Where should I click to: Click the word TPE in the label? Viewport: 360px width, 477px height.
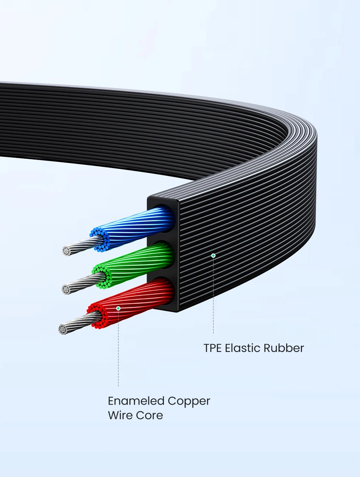[213, 348]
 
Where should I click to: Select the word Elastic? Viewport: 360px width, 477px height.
[243, 348]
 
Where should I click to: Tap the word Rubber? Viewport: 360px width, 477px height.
[284, 348]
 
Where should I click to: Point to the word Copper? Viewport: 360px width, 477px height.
[189, 402]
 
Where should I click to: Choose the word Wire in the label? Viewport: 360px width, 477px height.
[120, 415]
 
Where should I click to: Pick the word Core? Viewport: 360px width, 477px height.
[149, 415]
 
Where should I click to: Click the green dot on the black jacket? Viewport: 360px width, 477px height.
[213, 256]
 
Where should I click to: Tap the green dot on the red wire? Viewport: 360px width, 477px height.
[118, 308]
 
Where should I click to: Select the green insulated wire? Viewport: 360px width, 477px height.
[143, 263]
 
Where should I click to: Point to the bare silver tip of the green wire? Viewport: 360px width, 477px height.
[67, 289]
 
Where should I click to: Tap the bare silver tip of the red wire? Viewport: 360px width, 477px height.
[63, 329]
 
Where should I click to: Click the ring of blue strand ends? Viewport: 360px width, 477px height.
[100, 239]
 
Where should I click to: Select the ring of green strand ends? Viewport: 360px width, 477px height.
[102, 276]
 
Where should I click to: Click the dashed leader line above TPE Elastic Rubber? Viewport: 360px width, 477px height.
[213, 298]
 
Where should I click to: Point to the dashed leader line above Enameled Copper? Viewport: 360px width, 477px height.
[118, 348]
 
